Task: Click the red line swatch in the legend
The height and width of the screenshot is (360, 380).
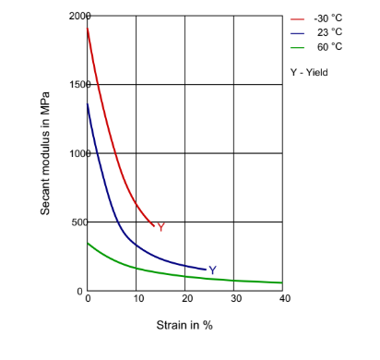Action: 297,18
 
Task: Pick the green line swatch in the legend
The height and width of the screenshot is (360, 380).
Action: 297,46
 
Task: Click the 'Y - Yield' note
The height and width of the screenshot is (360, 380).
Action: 309,72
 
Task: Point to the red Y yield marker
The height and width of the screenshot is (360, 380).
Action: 160,227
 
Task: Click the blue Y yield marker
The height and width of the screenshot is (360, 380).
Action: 212,270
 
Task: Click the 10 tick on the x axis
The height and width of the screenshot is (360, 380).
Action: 137,298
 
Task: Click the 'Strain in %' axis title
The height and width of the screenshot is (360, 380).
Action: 184,325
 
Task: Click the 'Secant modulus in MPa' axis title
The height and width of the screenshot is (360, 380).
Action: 45,153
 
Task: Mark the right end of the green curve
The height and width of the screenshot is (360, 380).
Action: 282,282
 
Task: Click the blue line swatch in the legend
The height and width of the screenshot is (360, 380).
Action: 297,32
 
